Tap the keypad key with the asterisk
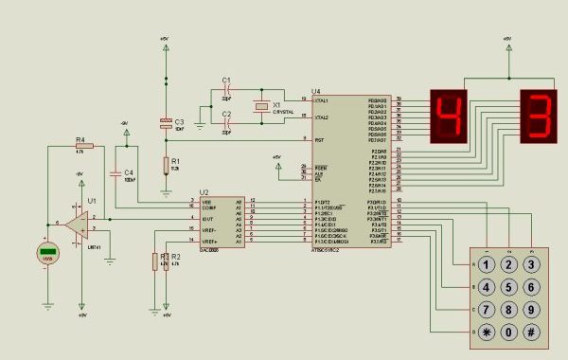[x=486, y=332]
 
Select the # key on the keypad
[x=532, y=332]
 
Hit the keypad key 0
[x=509, y=332]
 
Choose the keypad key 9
[x=532, y=310]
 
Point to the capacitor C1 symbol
[x=226, y=90]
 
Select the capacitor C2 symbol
[x=226, y=124]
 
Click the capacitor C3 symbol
[x=166, y=123]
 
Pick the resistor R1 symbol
[x=166, y=167]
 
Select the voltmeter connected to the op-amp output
[x=48, y=253]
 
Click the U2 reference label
[x=204, y=192]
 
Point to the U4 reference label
[x=315, y=91]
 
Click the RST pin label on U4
[x=319, y=140]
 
